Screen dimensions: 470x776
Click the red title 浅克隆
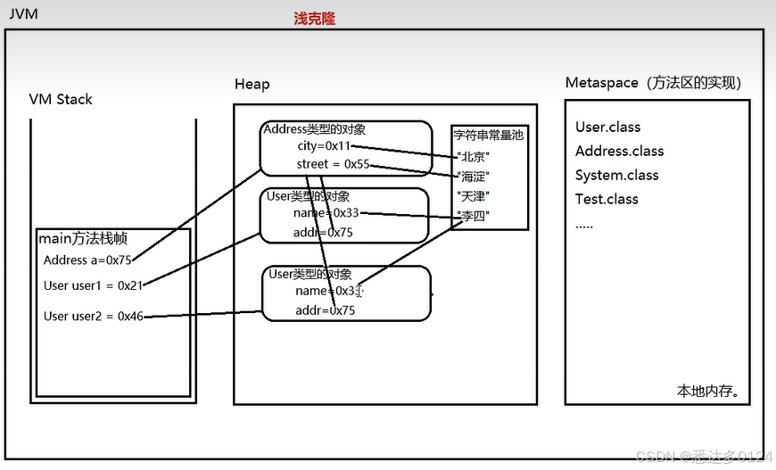pos(315,18)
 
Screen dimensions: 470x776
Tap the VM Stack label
pos(61,99)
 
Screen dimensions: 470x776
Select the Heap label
pos(252,84)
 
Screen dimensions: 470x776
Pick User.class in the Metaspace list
pos(607,127)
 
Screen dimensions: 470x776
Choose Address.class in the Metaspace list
pos(619,151)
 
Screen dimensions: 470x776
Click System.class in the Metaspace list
pos(616,175)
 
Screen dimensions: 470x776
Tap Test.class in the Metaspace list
pos(607,199)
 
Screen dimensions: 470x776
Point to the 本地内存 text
pos(708,391)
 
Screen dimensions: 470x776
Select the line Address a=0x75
pos(87,260)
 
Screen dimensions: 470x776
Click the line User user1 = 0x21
pos(93,285)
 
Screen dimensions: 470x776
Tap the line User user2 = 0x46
pos(93,316)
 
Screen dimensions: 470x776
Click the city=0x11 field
pos(325,145)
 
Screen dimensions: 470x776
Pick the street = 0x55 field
pos(333,164)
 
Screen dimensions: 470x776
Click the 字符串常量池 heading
pos(489,136)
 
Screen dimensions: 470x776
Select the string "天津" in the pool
pos(474,195)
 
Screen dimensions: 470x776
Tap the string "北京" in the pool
pos(474,156)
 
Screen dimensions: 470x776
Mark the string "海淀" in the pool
pos(474,176)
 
